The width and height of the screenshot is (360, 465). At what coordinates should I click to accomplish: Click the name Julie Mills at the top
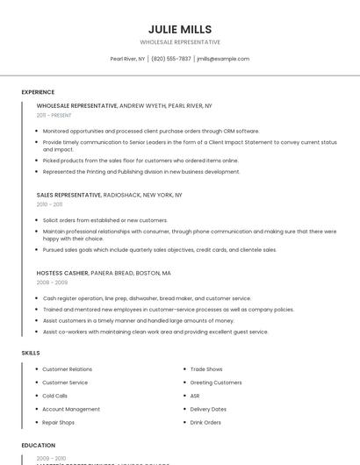pyautogui.click(x=180, y=29)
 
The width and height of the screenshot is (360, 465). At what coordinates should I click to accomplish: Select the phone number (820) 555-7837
pyautogui.click(x=171, y=59)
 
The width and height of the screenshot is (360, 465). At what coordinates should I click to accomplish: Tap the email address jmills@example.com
pyautogui.click(x=223, y=59)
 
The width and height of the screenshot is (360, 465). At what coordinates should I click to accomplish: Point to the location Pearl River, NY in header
pyautogui.click(x=127, y=59)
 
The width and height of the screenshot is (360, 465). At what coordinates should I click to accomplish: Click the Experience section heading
pyautogui.click(x=38, y=92)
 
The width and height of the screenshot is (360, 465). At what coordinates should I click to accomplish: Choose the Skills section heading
pyautogui.click(x=30, y=353)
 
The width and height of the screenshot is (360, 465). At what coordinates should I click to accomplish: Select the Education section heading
pyautogui.click(x=39, y=446)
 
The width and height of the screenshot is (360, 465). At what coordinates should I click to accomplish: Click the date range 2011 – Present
pyautogui.click(x=54, y=115)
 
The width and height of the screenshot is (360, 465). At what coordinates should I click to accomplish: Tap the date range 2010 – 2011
pyautogui.click(x=49, y=204)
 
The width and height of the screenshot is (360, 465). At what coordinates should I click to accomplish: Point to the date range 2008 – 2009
pyautogui.click(x=52, y=283)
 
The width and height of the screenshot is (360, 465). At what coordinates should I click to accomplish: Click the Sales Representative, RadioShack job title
pyautogui.click(x=109, y=195)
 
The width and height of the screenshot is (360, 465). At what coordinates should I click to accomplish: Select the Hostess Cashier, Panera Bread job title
pyautogui.click(x=104, y=273)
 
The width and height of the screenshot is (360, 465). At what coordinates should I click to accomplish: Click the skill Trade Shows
pyautogui.click(x=206, y=369)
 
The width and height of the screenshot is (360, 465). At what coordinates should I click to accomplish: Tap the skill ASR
pyautogui.click(x=195, y=396)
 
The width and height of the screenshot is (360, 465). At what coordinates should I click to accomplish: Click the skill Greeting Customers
pyautogui.click(x=216, y=383)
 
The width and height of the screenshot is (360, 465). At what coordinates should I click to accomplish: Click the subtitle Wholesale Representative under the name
pyautogui.click(x=180, y=42)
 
